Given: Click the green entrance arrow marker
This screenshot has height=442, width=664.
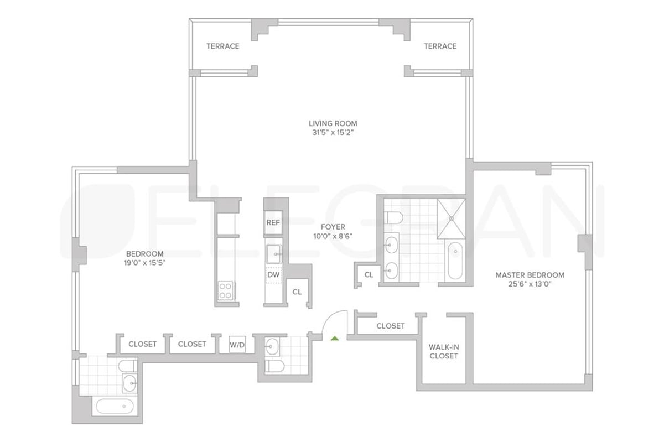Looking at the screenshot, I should (x=334, y=337).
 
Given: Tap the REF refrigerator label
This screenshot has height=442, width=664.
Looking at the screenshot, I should (x=273, y=222).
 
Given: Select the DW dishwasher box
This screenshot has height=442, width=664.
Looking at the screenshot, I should (x=273, y=274).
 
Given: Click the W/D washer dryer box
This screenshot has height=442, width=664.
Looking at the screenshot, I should (x=237, y=345).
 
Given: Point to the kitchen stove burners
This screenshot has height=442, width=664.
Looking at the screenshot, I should (x=225, y=290).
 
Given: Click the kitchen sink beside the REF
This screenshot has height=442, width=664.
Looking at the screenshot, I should (x=273, y=254).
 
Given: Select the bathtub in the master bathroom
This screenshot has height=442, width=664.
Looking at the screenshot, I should (x=455, y=260).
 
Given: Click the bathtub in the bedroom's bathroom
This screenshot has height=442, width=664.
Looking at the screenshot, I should (x=115, y=407).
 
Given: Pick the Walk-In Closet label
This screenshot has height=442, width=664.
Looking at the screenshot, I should (x=444, y=352).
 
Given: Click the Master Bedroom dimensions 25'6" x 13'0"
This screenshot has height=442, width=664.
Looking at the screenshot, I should (x=530, y=285).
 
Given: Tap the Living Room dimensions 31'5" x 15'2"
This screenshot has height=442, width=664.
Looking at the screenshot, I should (x=333, y=133).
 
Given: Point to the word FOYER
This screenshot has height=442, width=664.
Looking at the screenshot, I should (x=333, y=227).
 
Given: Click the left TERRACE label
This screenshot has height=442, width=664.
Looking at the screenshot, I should (x=223, y=46).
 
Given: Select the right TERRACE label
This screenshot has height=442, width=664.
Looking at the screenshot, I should (x=440, y=46).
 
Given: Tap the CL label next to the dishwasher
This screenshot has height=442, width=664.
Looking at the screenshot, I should (x=297, y=292).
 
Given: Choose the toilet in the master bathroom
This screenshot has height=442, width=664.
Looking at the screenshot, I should (x=394, y=217).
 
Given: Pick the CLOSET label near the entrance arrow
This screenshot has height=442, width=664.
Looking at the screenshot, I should (x=391, y=326).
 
